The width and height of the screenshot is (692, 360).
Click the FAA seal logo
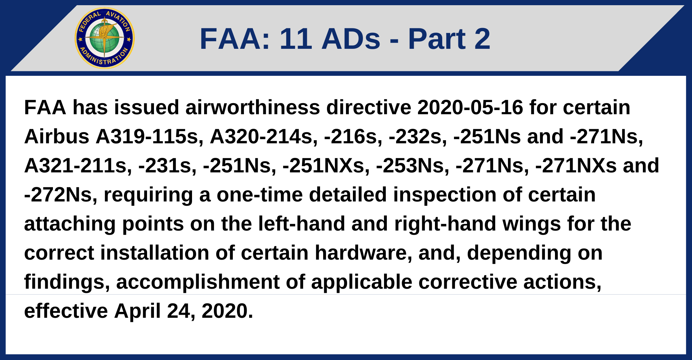click(x=104, y=38)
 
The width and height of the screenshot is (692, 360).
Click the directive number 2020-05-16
click(x=470, y=107)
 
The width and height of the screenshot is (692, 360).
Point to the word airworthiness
click(x=253, y=107)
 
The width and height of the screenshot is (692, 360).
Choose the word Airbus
click(x=57, y=136)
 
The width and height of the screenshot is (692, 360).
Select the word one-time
click(x=259, y=195)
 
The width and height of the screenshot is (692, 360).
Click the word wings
click(x=531, y=224)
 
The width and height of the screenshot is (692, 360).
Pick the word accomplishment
click(x=198, y=282)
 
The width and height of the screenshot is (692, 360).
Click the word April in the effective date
click(x=137, y=311)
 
